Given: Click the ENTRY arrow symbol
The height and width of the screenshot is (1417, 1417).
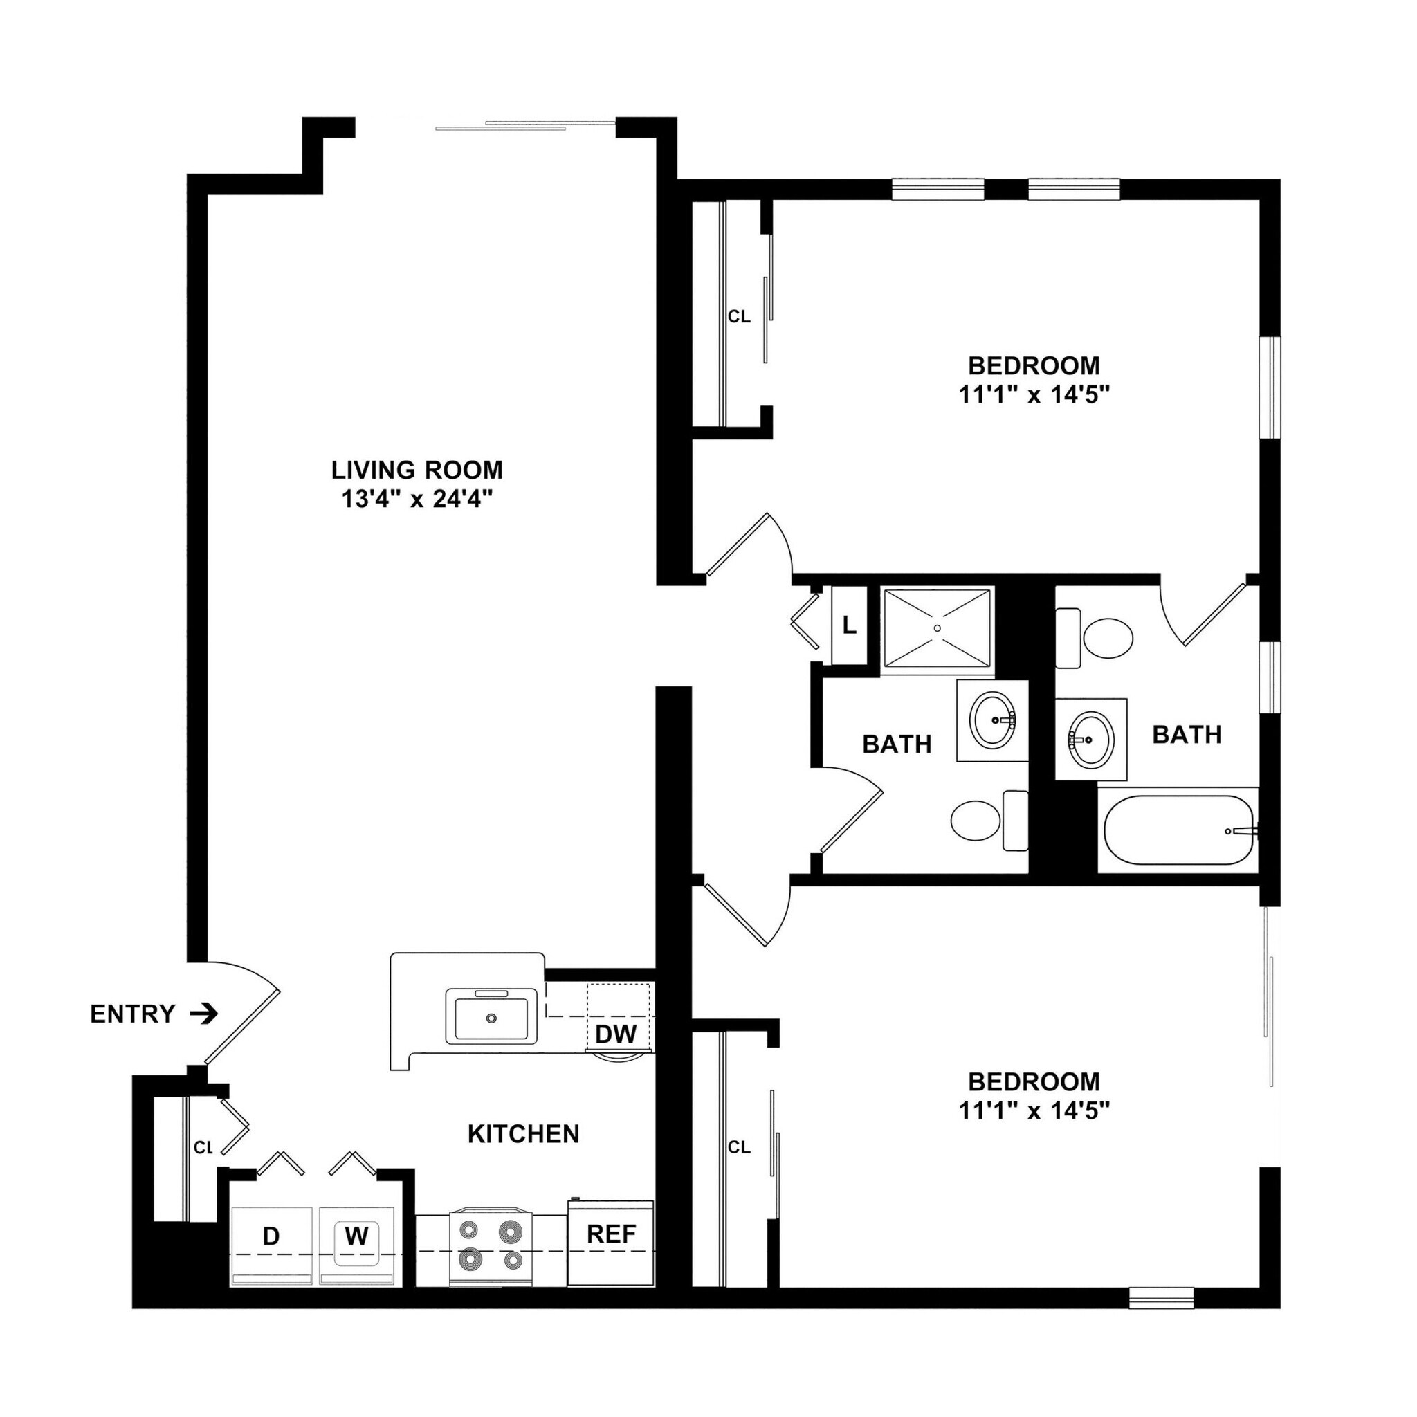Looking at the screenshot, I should [x=204, y=1014].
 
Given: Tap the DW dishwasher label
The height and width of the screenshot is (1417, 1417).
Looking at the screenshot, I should [x=615, y=1034].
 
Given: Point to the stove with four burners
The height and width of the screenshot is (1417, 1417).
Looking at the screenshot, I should [x=490, y=1245].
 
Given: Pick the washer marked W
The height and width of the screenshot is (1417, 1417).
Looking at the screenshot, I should [x=356, y=1236].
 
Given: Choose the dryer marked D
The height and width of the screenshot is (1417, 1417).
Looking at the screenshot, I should [x=271, y=1236].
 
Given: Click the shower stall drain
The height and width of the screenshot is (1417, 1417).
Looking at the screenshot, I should [x=938, y=628].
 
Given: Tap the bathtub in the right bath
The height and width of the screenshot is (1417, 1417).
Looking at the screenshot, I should [x=1178, y=831].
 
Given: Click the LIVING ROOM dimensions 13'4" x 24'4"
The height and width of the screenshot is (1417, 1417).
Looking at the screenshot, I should [x=417, y=500].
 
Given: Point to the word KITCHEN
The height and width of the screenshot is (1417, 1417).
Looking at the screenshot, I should [x=523, y=1134].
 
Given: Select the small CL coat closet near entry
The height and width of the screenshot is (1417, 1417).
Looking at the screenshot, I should [x=203, y=1148].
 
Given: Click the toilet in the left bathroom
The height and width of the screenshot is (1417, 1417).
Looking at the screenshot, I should [x=976, y=821].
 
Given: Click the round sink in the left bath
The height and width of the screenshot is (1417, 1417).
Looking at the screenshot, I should [x=992, y=720].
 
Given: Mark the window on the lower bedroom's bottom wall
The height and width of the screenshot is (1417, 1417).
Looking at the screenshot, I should [x=1161, y=1299].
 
